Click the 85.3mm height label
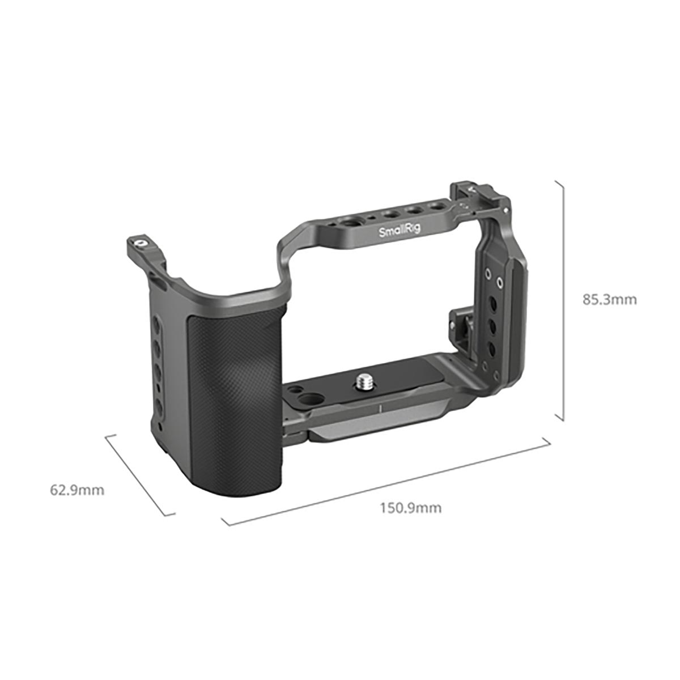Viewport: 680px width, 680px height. coord(609,299)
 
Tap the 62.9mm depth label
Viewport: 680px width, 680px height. coord(78,490)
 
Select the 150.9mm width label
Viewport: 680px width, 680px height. coord(410,507)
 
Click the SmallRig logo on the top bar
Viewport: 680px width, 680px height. coord(396,231)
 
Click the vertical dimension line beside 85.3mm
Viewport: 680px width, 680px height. coord(563,300)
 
